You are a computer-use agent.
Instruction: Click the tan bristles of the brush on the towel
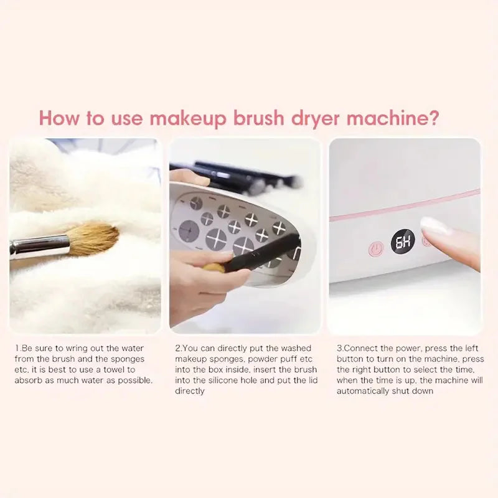click(93, 239)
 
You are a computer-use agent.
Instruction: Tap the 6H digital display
click(403, 242)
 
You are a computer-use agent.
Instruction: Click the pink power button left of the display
click(375, 250)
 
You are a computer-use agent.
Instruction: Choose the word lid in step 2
click(304, 380)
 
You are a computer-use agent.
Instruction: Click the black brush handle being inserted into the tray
click(261, 255)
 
